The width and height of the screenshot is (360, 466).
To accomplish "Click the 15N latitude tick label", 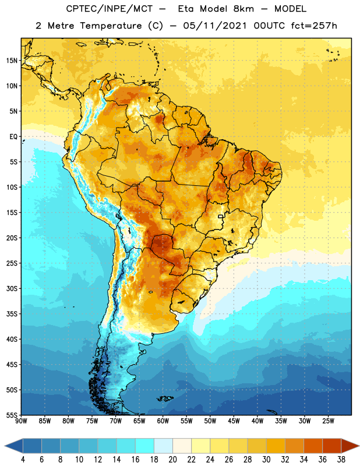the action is [12, 61].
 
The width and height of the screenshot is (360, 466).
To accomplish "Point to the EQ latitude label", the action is [13, 137].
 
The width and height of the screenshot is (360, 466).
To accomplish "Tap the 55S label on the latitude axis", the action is [12, 415].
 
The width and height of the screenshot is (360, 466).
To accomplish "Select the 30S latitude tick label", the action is [12, 288].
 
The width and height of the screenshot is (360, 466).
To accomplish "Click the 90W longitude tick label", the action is [21, 421].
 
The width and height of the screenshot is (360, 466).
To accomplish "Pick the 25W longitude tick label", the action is [328, 421].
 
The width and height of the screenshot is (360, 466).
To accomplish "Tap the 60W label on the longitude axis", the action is [163, 421].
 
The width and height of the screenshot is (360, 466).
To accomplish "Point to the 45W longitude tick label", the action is [234, 421].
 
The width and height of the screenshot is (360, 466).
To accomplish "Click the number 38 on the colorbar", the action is [341, 460].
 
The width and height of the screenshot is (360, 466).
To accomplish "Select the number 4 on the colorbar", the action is [23, 460].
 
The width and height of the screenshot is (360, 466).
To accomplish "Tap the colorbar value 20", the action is [172, 460].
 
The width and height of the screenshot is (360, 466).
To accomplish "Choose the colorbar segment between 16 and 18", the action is [145, 446].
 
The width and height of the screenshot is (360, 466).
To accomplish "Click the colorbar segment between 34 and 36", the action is [313, 446].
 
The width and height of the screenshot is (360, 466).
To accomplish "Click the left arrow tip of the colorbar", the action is [5, 446].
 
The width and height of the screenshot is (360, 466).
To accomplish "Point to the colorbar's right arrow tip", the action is [359, 446].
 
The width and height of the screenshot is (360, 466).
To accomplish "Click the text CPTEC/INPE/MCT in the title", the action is [109, 9].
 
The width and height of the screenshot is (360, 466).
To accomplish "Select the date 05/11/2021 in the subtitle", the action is [215, 26].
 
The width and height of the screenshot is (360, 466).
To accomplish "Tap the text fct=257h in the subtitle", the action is [314, 26].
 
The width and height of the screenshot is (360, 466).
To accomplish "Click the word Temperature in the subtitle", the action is [111, 26].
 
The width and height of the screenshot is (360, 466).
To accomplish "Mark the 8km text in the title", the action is [243, 9].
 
